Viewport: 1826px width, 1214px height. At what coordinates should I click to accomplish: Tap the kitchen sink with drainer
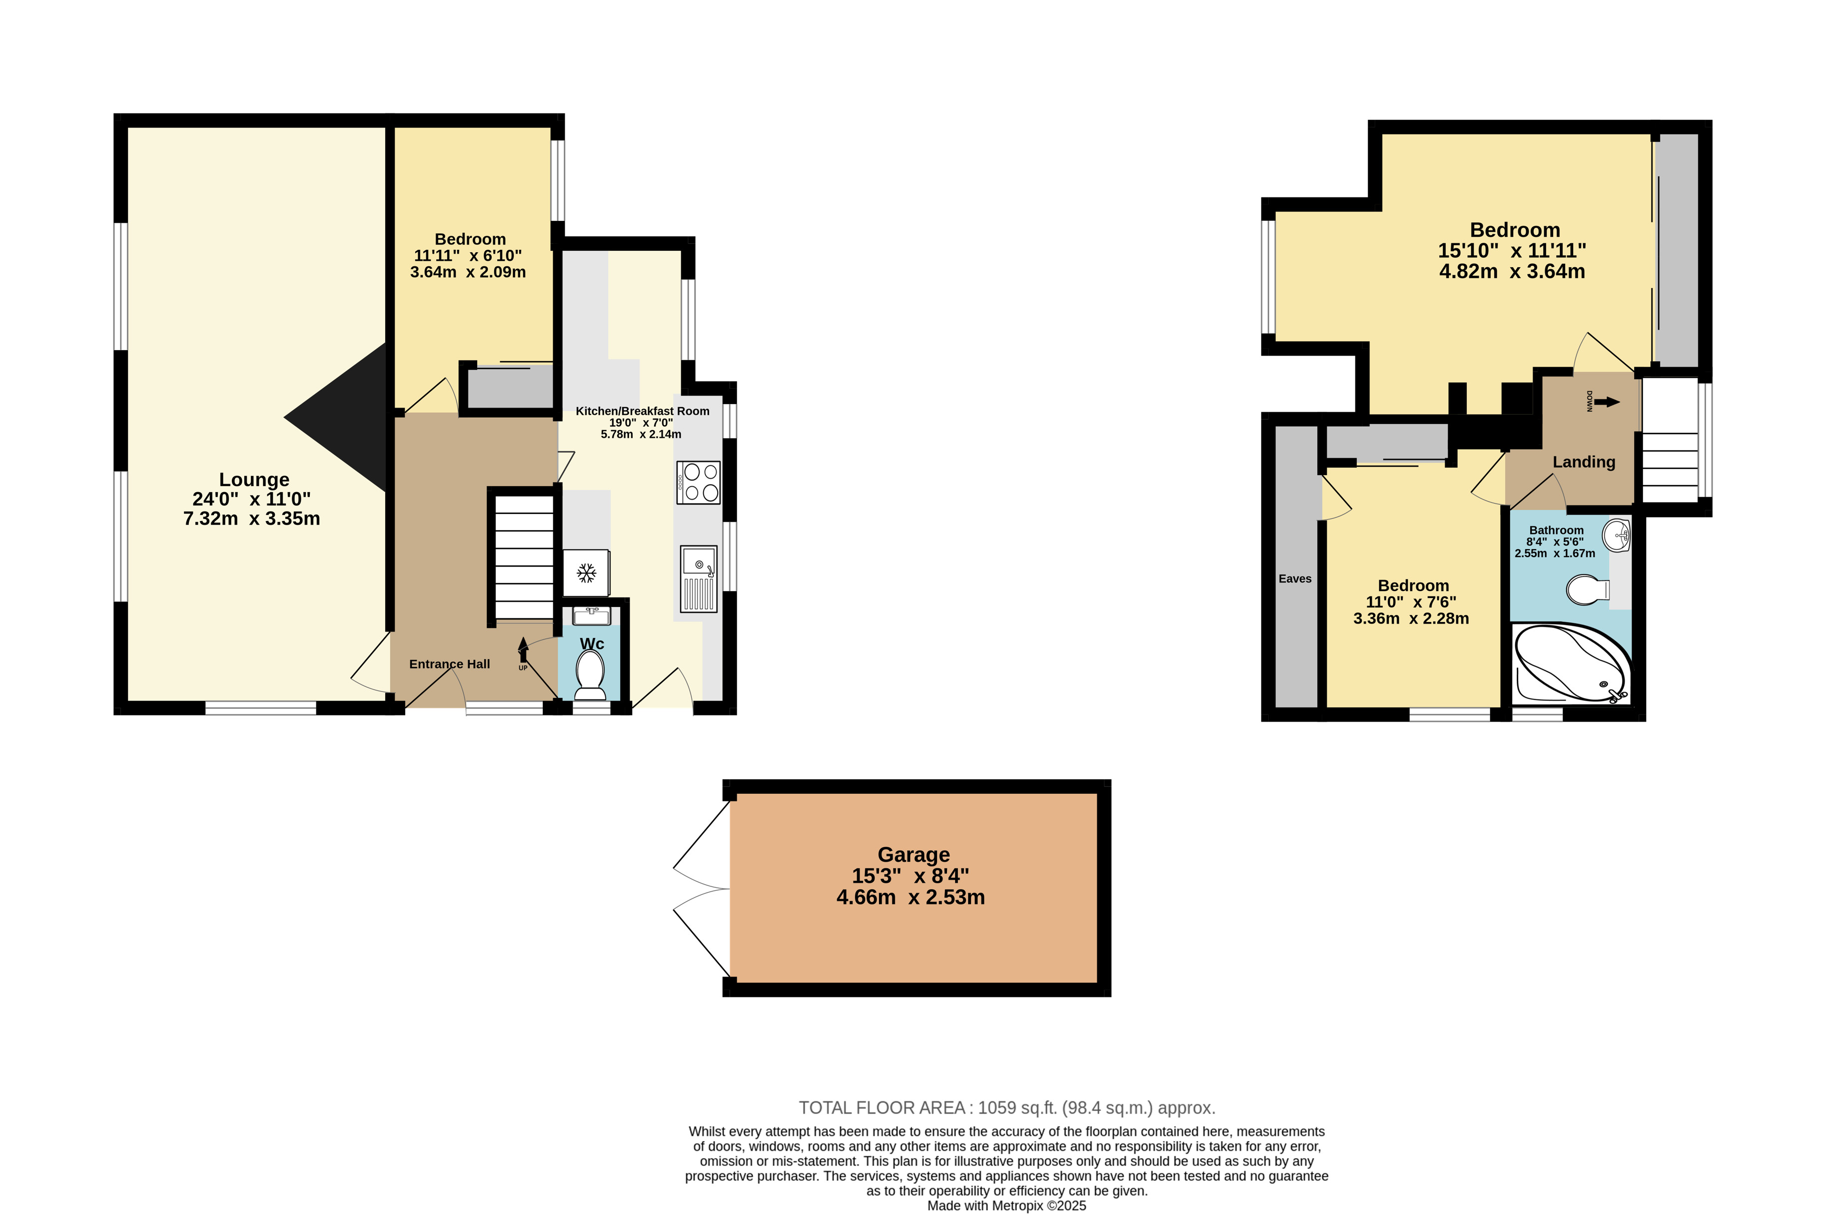(x=699, y=579)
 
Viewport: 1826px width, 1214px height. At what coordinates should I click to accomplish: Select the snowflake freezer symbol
(x=586, y=573)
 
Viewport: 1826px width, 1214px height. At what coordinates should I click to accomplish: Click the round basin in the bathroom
(x=1617, y=535)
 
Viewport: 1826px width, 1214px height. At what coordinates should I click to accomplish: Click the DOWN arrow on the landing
(x=1607, y=402)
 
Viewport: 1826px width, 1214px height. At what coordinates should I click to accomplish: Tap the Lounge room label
(x=254, y=480)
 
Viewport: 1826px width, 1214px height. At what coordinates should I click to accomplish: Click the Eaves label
(x=1295, y=579)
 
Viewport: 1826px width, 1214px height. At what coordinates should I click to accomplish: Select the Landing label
(x=1584, y=462)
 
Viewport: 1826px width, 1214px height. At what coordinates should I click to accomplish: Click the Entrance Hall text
(x=449, y=663)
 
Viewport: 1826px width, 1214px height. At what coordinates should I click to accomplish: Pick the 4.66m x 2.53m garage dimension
(x=911, y=897)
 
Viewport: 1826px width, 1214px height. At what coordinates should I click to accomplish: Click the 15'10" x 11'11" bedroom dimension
(x=1512, y=251)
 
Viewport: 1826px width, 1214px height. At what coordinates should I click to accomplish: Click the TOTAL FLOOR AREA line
(x=1007, y=1108)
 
